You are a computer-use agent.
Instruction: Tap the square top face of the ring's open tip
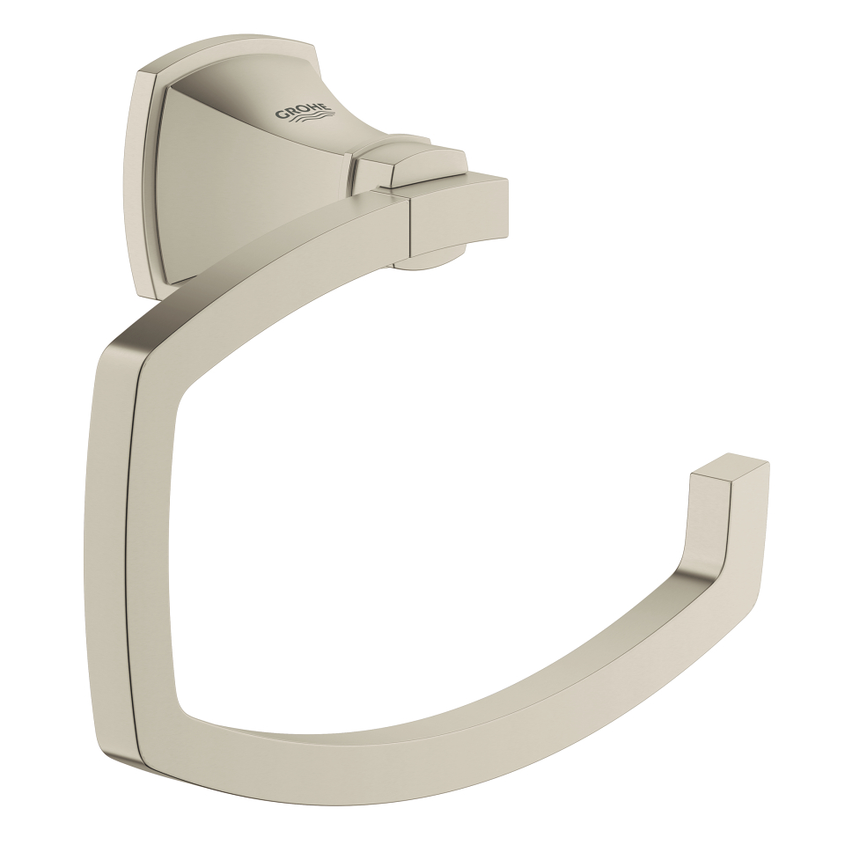point(730,467)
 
